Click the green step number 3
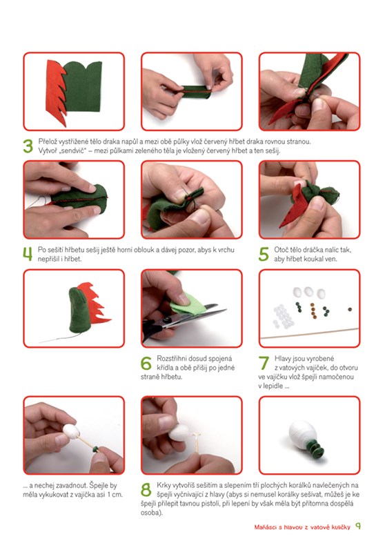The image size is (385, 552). (28, 146)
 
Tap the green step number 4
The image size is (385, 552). (28, 254)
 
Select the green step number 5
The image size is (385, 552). (264, 254)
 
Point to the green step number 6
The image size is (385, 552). (146, 363)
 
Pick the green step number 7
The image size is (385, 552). (264, 363)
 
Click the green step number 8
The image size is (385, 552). (146, 490)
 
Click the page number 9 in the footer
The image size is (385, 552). (358, 526)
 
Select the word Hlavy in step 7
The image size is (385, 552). (282, 359)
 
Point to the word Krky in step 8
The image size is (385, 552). (163, 485)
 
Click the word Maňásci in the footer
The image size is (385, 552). (266, 527)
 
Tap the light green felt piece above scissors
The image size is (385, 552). (187, 304)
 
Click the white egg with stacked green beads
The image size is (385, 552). (303, 435)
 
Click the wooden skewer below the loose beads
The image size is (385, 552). (309, 333)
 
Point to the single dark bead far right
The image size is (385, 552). (349, 309)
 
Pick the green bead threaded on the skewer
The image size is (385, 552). (95, 449)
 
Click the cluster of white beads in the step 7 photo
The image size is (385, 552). (283, 316)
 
